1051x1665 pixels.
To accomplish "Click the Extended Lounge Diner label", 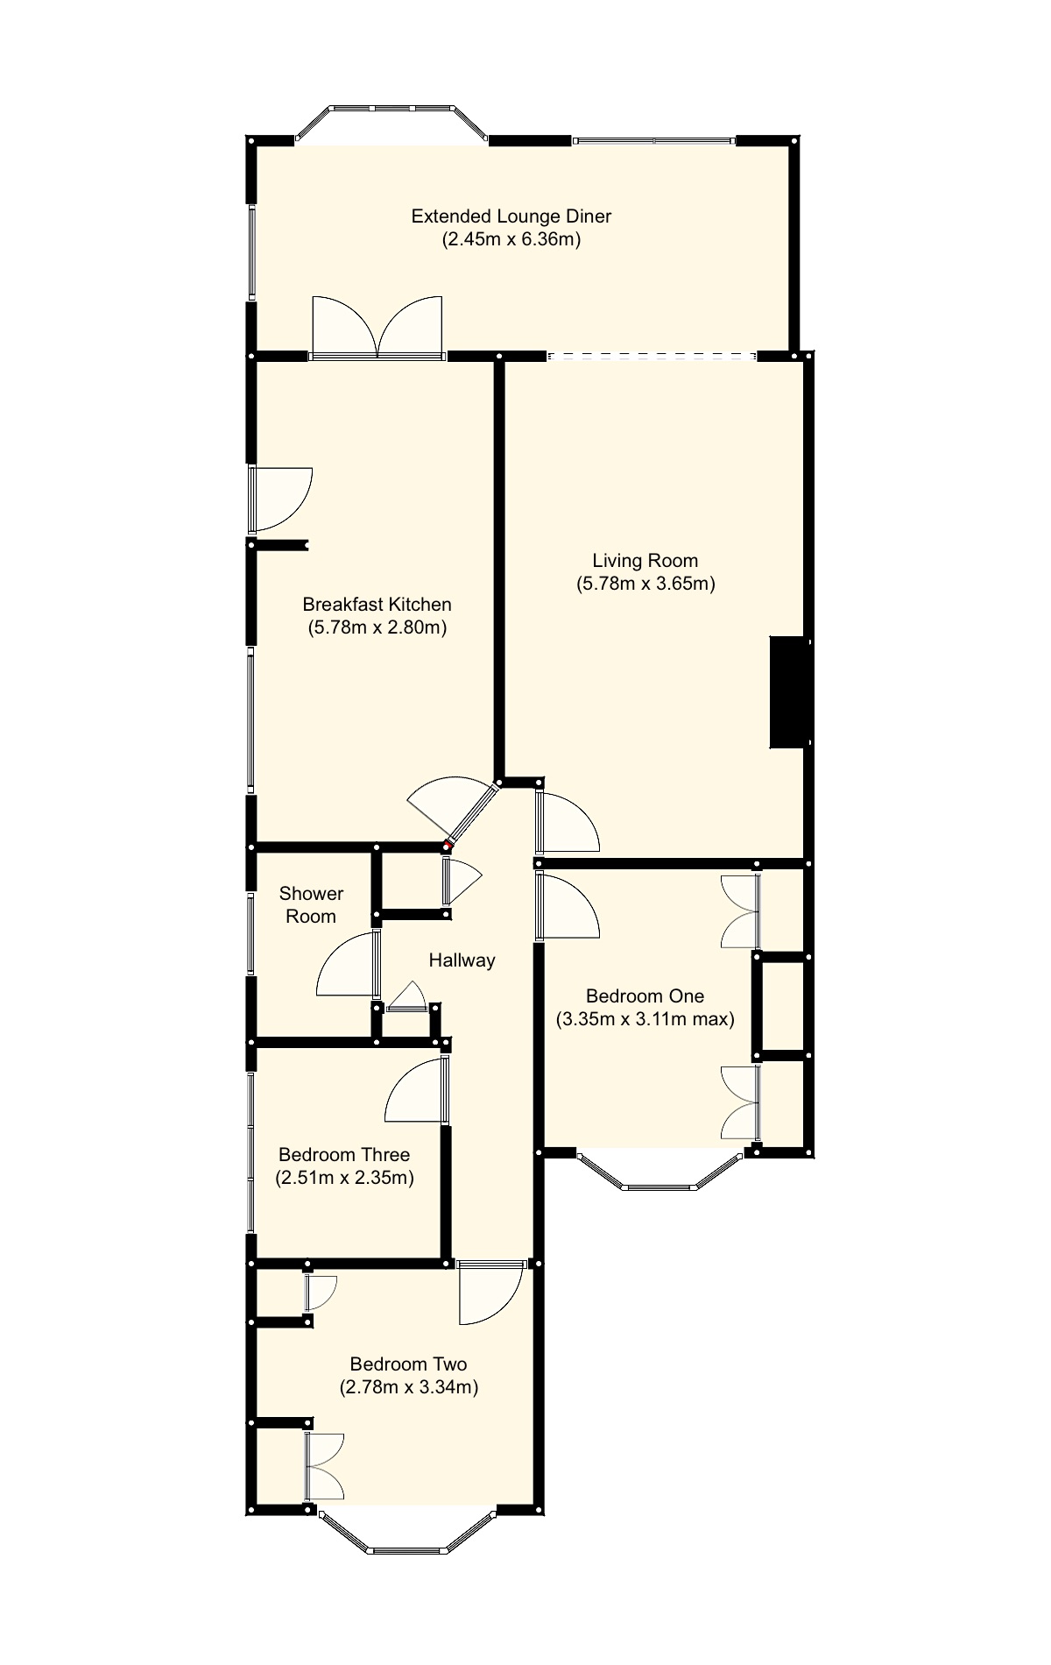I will coord(511,216).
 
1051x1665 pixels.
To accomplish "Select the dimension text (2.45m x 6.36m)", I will coord(511,239).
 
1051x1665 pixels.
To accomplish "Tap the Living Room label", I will coord(645,561).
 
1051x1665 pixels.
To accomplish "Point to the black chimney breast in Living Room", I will coord(788,692).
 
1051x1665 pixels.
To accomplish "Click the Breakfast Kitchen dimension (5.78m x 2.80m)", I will coord(377,627).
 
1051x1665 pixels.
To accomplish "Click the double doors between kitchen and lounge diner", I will coord(377,329).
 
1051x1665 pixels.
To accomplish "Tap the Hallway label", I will coord(462,960).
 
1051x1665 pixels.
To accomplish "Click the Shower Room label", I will coord(311,905).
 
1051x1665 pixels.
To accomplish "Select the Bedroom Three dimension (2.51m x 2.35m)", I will coord(344,1178).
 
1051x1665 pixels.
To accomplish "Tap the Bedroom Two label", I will coord(408,1364).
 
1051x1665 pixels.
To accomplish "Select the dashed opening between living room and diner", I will coord(652,356).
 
